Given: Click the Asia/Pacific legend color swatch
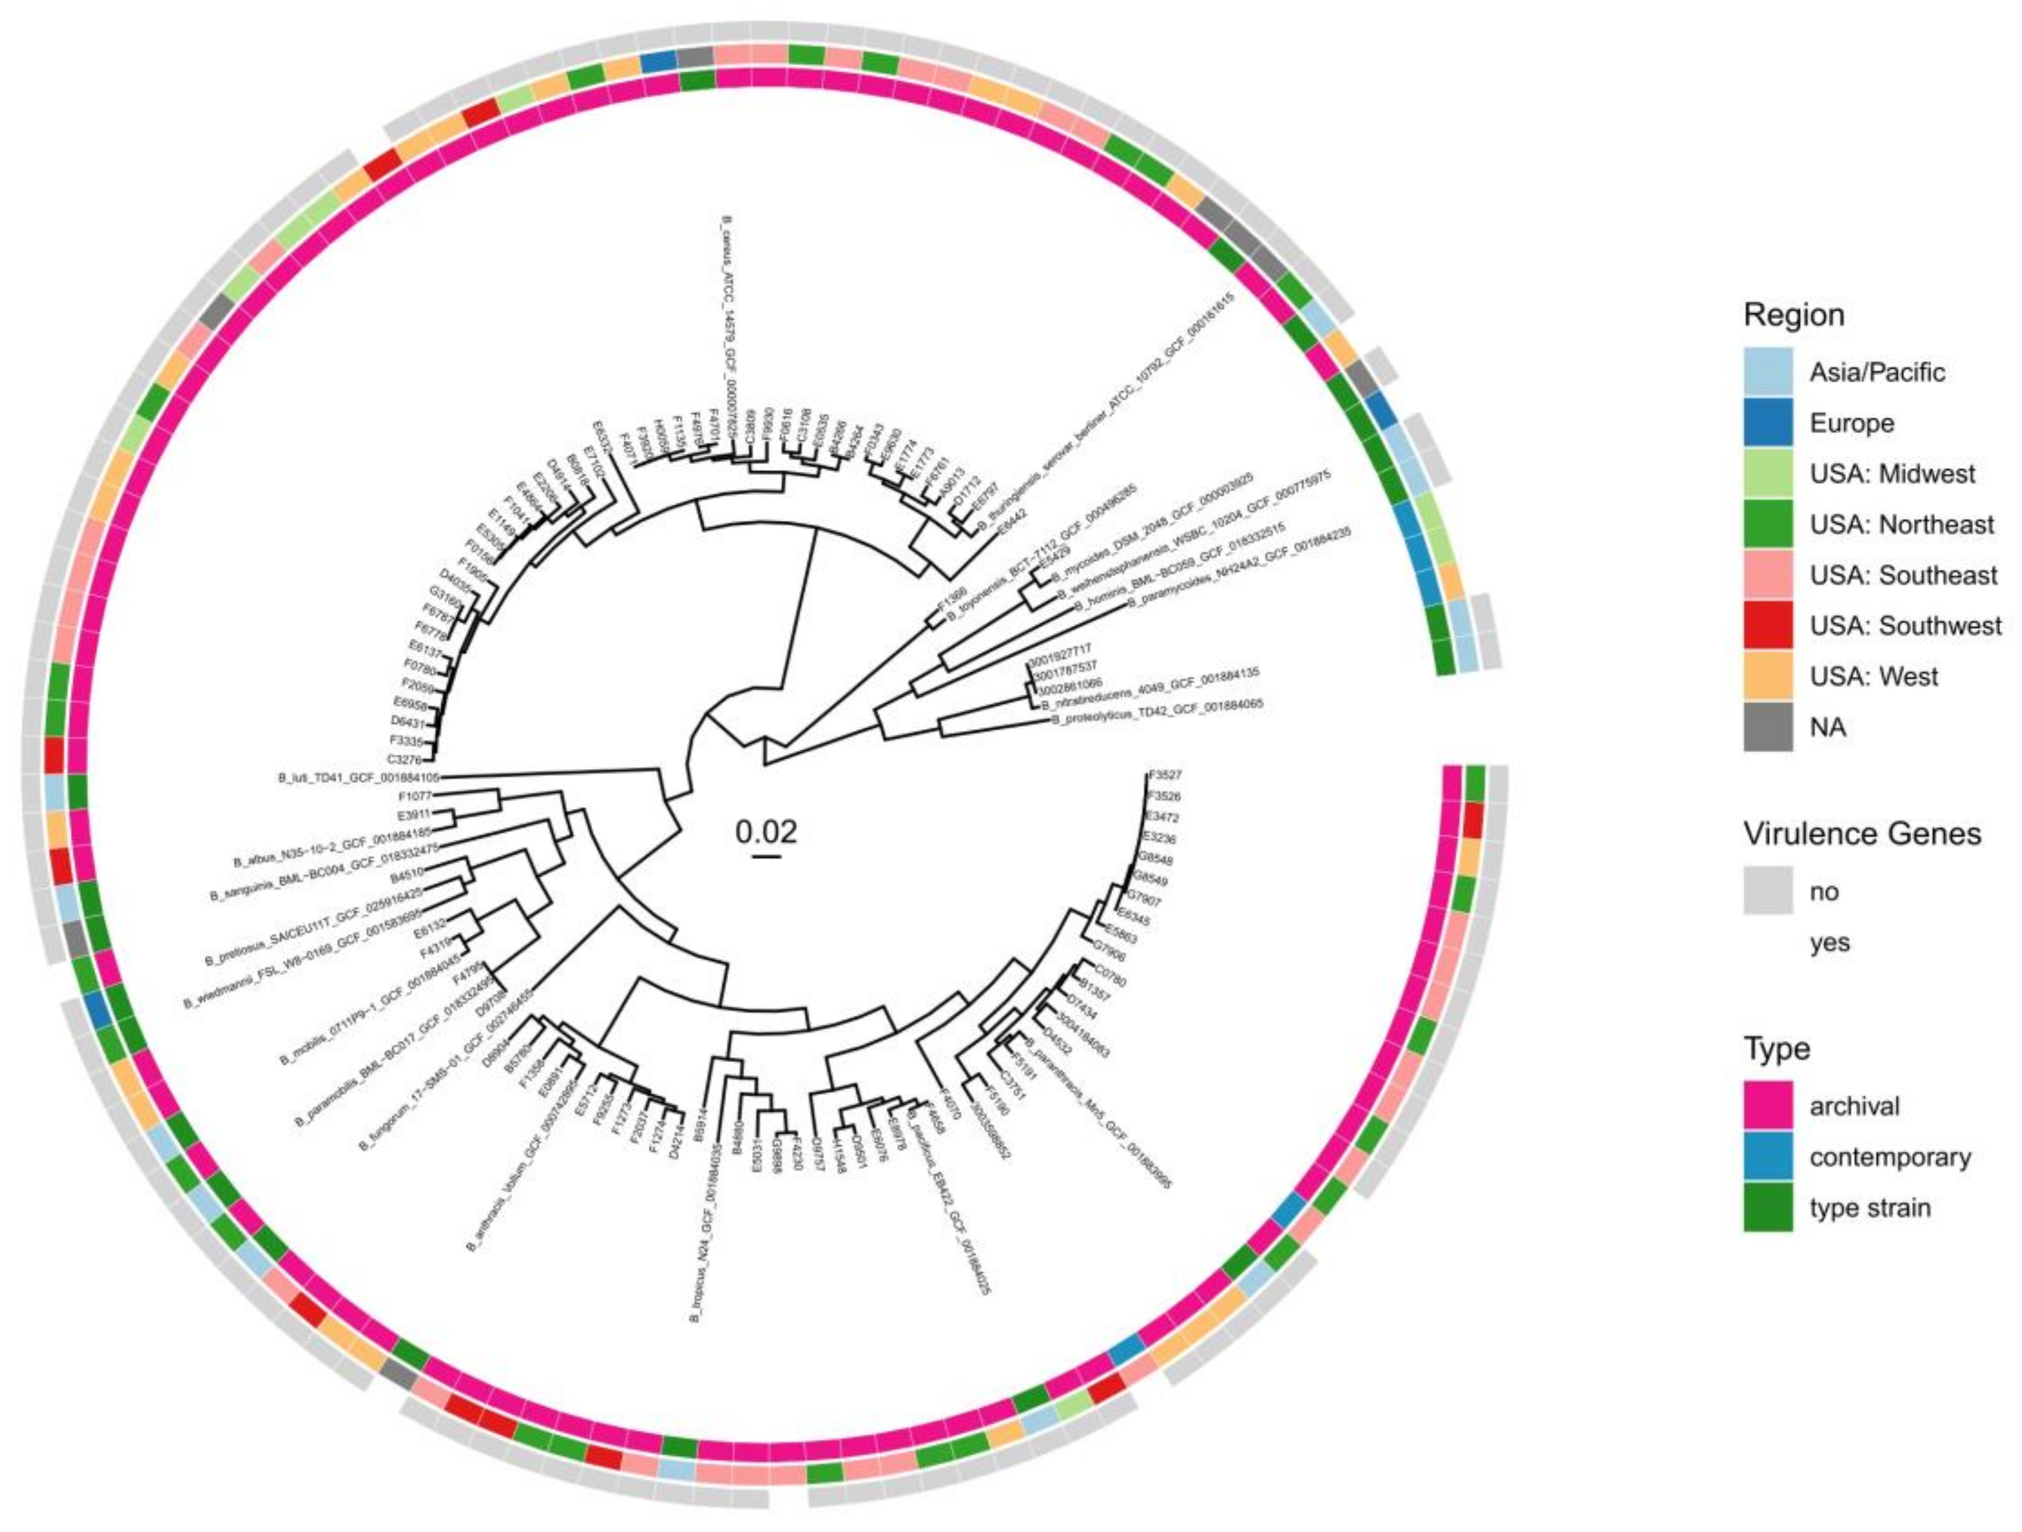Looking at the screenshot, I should tap(1768, 372).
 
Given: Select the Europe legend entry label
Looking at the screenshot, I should tap(1851, 423).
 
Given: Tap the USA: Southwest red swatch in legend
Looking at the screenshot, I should tap(1768, 626).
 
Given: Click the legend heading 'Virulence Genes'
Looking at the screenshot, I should tap(1862, 834).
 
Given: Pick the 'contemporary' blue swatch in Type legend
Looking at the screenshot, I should tap(1768, 1157).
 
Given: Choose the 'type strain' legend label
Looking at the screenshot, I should tap(1869, 1208).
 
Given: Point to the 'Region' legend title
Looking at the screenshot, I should tap(1794, 315).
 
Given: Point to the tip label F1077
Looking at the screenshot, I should tap(414, 796).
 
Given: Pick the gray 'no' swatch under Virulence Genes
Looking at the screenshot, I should tap(1768, 891).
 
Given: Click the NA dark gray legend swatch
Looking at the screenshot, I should tap(1768, 727).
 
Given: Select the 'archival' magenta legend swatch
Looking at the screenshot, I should tap(1768, 1106).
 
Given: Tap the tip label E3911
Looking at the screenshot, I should tap(414, 814).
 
